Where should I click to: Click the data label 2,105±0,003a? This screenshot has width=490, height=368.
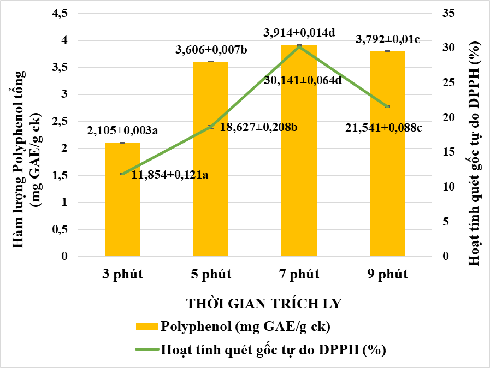pyautogui.click(x=122, y=131)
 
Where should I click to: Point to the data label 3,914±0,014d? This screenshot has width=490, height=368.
pyautogui.click(x=298, y=33)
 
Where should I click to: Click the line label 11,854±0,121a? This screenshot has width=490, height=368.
pyautogui.click(x=170, y=175)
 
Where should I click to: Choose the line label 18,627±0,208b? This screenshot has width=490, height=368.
pyautogui.click(x=258, y=127)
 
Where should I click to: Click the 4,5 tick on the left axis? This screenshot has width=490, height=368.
pyautogui.click(x=59, y=13)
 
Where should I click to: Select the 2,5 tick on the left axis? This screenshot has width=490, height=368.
pyautogui.click(x=59, y=121)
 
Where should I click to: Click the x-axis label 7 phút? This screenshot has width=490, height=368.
pyautogui.click(x=299, y=274)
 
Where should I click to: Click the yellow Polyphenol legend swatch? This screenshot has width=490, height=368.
pyautogui.click(x=146, y=327)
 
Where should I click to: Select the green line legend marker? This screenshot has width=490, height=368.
pyautogui.click(x=146, y=350)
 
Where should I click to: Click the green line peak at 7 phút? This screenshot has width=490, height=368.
pyautogui.click(x=299, y=46)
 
